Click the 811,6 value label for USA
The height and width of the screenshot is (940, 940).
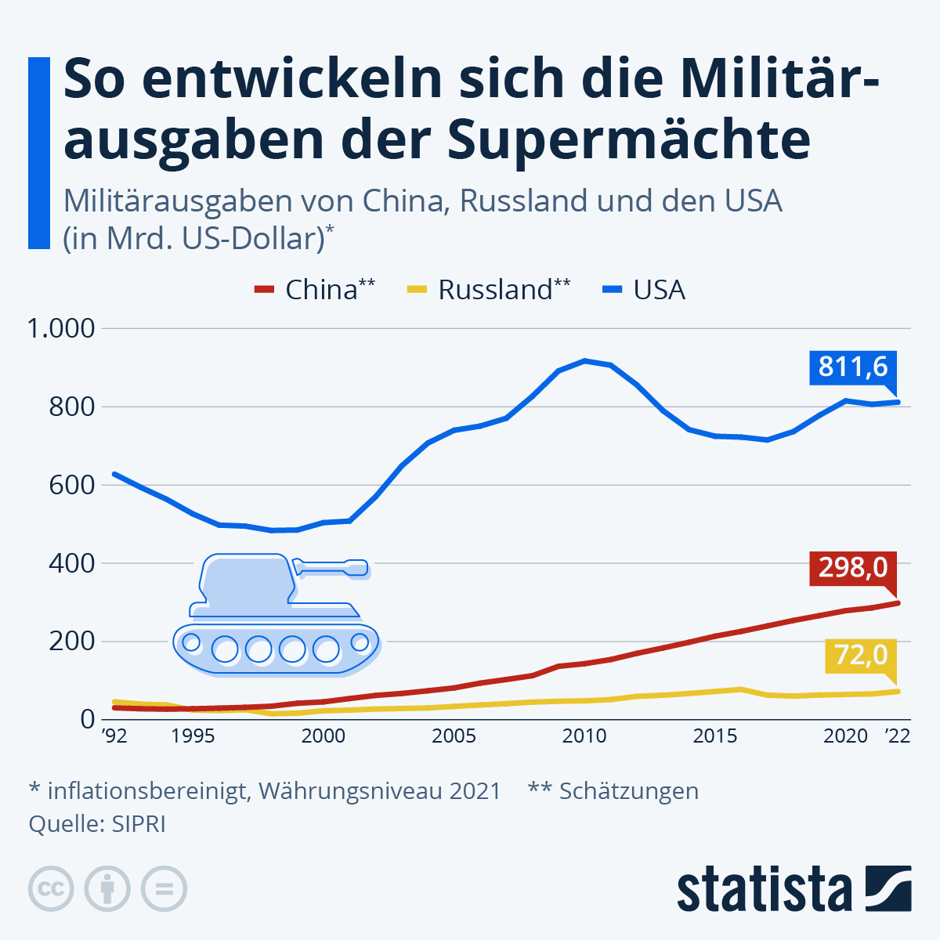click(x=853, y=367)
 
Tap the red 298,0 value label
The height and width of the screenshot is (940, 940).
click(x=853, y=567)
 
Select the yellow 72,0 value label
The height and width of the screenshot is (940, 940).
click(x=860, y=655)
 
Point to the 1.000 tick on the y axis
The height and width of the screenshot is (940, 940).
click(x=60, y=328)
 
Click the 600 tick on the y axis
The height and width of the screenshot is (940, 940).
click(x=71, y=485)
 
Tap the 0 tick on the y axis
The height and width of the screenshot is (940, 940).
click(x=87, y=719)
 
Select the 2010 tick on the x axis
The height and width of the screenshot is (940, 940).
click(x=584, y=736)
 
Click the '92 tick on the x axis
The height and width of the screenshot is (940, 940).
click(x=114, y=736)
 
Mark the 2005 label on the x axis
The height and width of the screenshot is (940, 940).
click(x=454, y=736)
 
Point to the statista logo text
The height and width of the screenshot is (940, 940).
click(x=764, y=890)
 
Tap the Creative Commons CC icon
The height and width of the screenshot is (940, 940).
click(x=51, y=889)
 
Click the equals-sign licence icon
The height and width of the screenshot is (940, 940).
click(x=164, y=889)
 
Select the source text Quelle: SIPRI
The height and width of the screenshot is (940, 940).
click(x=97, y=824)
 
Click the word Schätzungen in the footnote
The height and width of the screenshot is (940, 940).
click(x=628, y=791)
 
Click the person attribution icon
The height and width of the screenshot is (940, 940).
click(x=107, y=889)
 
